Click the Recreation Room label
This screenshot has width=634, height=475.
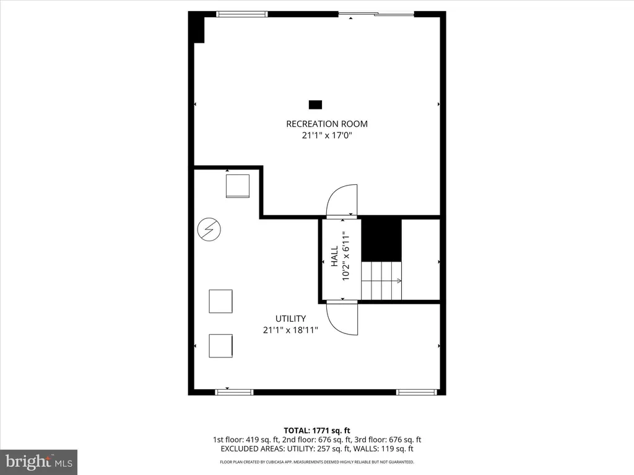[327, 124]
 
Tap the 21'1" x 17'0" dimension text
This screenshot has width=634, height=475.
[327, 135]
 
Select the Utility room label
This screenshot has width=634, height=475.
[290, 319]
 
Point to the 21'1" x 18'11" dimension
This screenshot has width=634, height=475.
[290, 330]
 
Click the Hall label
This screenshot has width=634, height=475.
[334, 256]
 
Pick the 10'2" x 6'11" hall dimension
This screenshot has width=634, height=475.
[345, 256]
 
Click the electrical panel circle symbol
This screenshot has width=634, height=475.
[209, 229]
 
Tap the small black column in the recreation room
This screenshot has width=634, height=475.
[315, 105]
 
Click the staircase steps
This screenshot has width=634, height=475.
[381, 281]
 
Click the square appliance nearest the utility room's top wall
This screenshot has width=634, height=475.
[238, 186]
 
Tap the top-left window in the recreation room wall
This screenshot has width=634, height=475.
[242, 14]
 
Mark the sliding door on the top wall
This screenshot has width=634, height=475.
[376, 15]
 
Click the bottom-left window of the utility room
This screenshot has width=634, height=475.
[234, 392]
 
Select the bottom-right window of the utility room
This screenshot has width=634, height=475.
[417, 392]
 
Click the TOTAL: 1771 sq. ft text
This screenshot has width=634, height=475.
[317, 430]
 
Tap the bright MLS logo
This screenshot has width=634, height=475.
[39, 461]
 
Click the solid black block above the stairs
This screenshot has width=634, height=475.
[381, 241]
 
